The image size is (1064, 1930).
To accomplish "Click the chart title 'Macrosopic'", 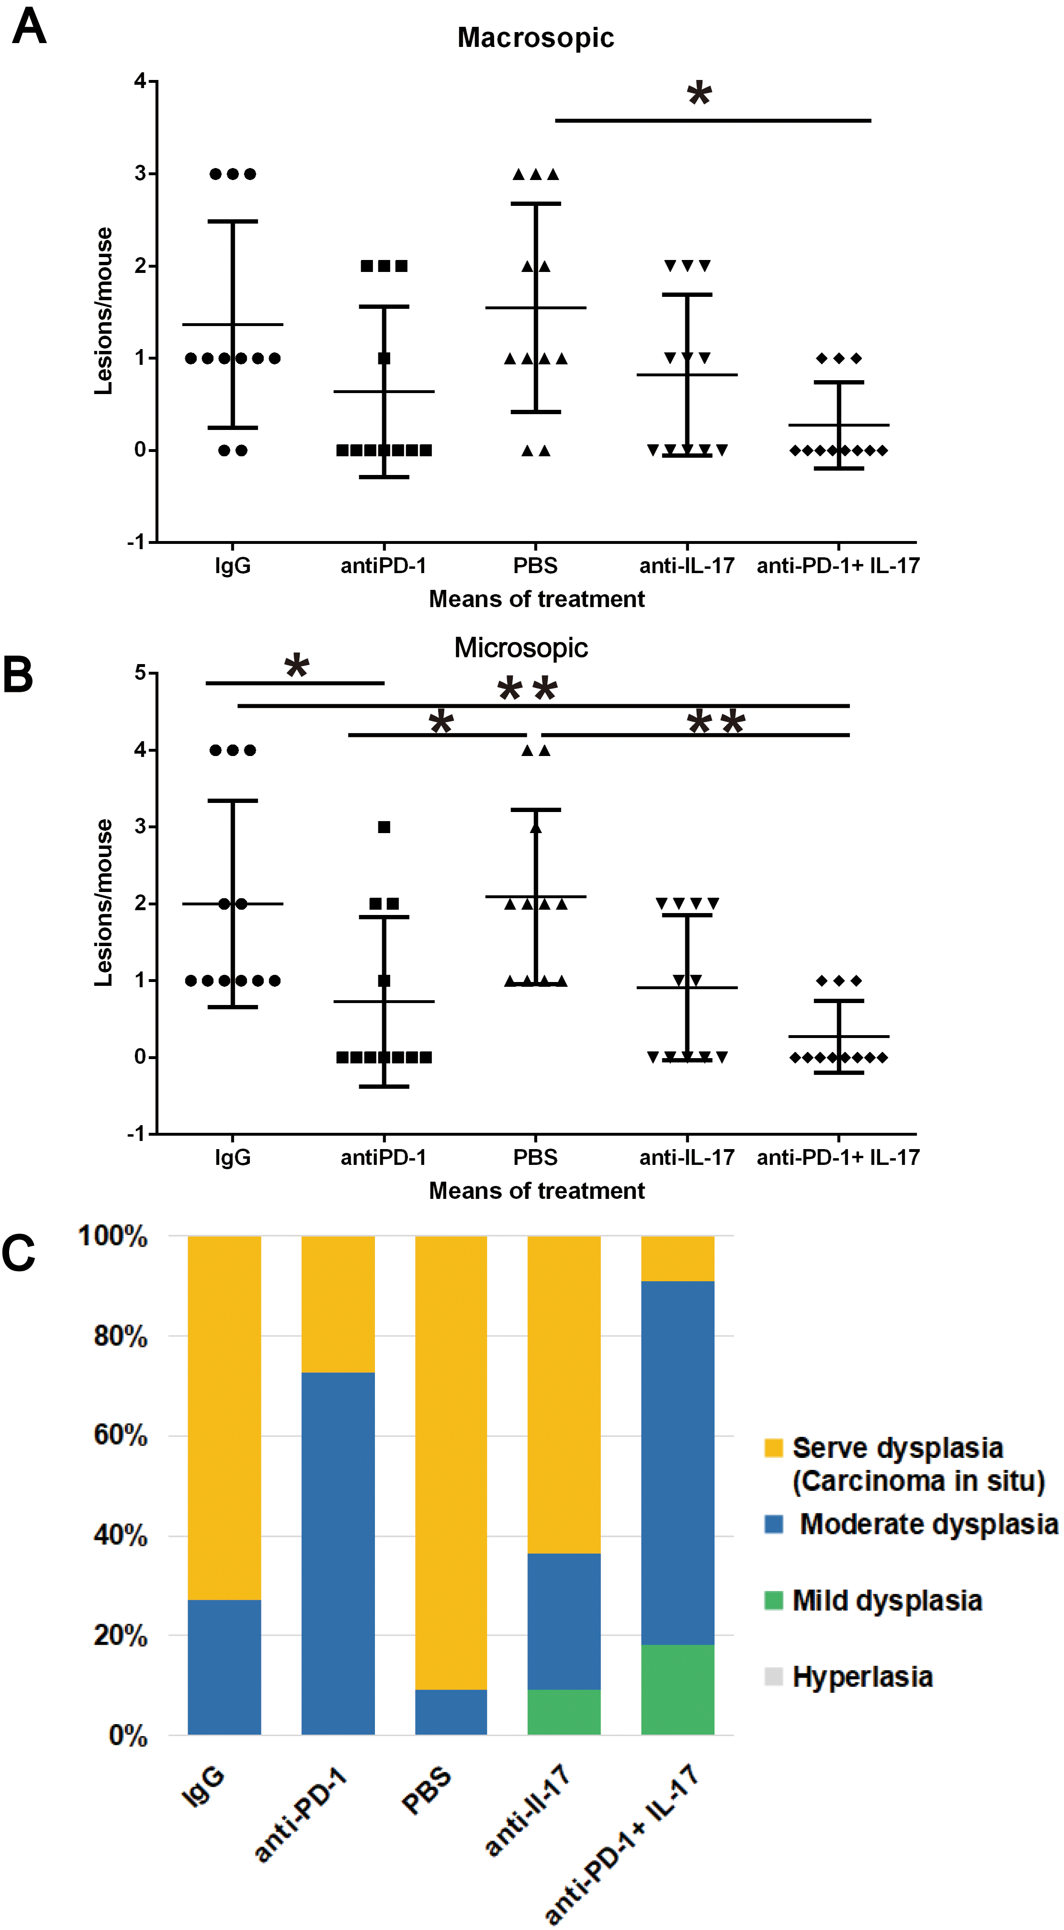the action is click(x=536, y=37).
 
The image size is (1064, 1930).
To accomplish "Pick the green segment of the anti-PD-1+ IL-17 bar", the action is click(x=678, y=1690).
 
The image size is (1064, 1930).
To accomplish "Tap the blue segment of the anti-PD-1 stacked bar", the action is click(x=338, y=1553).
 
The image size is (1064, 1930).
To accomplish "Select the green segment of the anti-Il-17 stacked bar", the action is click(x=564, y=1712).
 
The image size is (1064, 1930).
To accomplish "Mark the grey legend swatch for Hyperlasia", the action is click(x=774, y=1677).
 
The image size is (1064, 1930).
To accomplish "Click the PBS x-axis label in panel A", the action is click(x=535, y=565).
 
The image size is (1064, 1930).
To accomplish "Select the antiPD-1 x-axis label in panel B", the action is click(x=384, y=1158).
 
